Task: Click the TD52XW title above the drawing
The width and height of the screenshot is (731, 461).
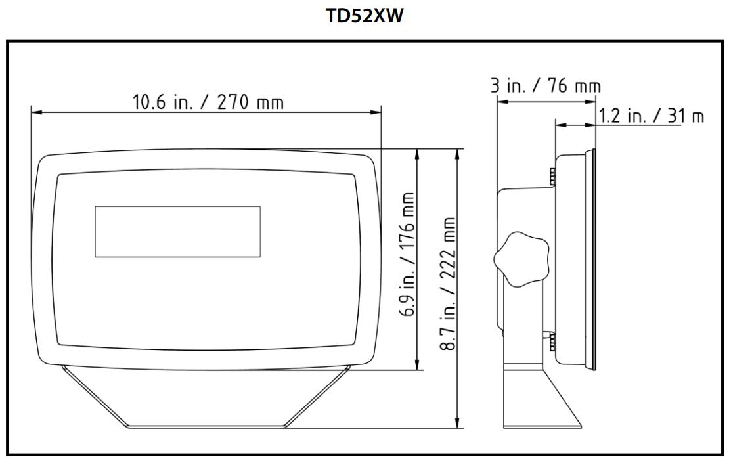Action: tap(365, 16)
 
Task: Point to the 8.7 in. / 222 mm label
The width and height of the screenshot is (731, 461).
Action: tap(450, 284)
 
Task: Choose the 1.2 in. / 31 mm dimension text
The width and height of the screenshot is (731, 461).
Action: tap(650, 116)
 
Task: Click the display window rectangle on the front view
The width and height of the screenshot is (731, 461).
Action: tap(177, 231)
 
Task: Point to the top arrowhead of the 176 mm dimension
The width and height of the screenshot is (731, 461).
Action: tap(417, 154)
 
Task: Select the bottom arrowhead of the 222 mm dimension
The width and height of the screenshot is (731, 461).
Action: tap(458, 423)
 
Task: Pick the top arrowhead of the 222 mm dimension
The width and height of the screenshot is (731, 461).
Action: tap(458, 154)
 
